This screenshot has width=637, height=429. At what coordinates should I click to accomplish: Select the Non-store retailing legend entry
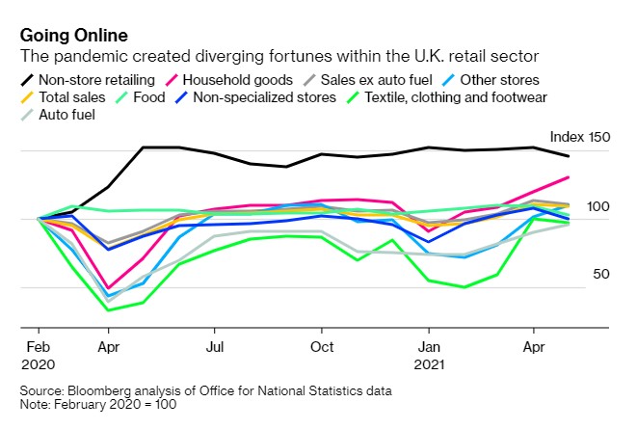tap(91, 79)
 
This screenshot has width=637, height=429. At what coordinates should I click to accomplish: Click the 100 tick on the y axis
tap(598, 206)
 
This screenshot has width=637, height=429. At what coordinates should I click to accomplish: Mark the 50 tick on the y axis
tap(602, 275)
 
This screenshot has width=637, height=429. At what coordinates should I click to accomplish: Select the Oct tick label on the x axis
tap(321, 347)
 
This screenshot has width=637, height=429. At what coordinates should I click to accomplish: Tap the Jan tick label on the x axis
tap(429, 347)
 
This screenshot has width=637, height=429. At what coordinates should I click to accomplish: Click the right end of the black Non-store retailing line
tap(569, 156)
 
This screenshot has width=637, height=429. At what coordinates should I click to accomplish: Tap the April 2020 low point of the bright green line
tap(108, 309)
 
